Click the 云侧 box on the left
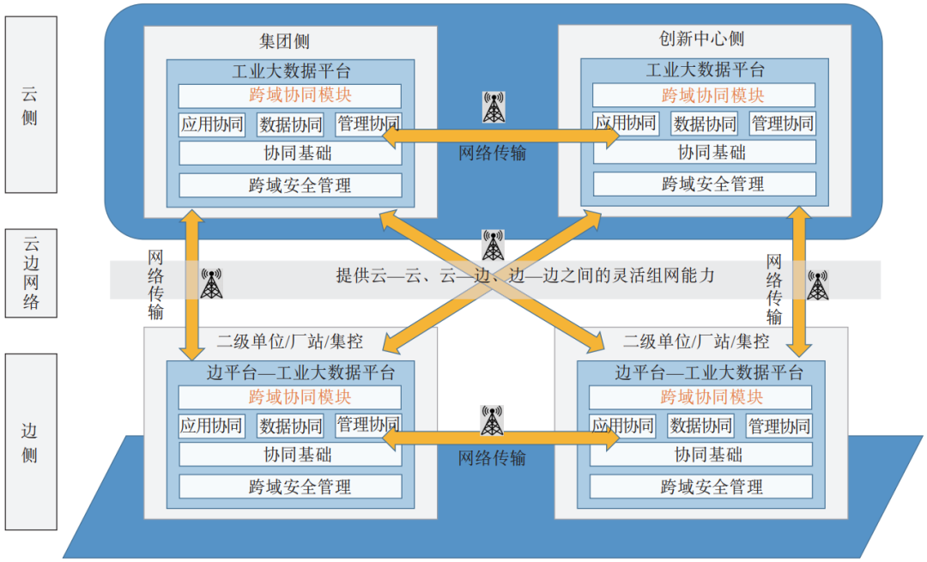[x=31, y=104]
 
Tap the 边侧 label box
[x=31, y=441]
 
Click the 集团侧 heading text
[x=284, y=41]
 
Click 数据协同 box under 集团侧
[x=290, y=124]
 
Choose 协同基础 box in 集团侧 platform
[x=290, y=154]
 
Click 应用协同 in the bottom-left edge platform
[x=212, y=426]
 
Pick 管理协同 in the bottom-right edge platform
[x=779, y=426]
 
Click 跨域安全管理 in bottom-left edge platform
[x=290, y=486]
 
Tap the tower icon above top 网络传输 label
[x=494, y=107]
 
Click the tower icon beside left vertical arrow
[x=211, y=284]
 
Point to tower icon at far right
[x=818, y=285]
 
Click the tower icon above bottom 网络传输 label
[x=492, y=420]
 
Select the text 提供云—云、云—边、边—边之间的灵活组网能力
[x=524, y=276]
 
